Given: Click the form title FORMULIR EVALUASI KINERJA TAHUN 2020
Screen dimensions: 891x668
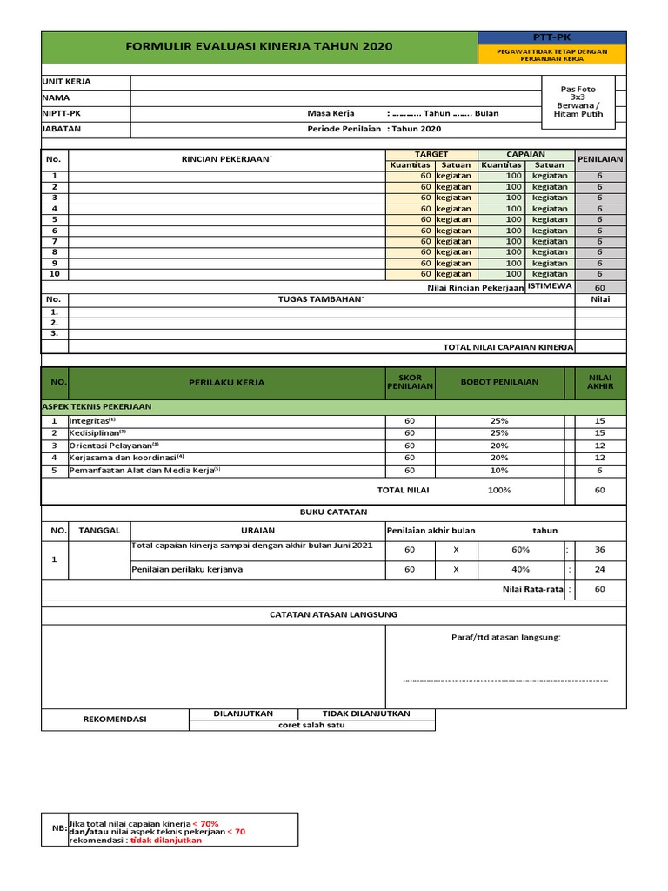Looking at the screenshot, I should click(x=259, y=46).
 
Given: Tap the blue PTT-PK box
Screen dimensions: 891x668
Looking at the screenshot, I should click(x=551, y=37).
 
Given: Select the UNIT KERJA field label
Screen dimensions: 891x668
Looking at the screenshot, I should click(x=66, y=82).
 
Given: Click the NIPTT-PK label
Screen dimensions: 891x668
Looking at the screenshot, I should click(x=62, y=113).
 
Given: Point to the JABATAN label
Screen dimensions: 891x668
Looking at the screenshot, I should click(x=62, y=129).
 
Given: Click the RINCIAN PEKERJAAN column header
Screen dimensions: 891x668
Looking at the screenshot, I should click(x=226, y=159).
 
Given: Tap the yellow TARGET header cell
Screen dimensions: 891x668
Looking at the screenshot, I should click(x=431, y=154).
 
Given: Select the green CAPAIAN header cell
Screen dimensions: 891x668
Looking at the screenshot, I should click(x=525, y=154).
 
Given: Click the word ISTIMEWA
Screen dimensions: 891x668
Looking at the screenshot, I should click(x=550, y=286).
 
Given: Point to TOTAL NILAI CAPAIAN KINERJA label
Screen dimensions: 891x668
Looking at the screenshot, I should click(x=508, y=347).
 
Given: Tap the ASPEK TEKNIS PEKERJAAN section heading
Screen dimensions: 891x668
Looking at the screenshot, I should click(x=97, y=406).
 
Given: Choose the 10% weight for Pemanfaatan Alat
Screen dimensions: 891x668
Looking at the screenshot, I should click(x=499, y=470).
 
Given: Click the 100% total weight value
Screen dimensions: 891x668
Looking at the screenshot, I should click(x=499, y=490).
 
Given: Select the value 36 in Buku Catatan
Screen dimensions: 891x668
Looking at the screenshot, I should click(x=599, y=550).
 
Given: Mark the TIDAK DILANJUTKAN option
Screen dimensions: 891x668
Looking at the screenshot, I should click(x=366, y=713).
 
